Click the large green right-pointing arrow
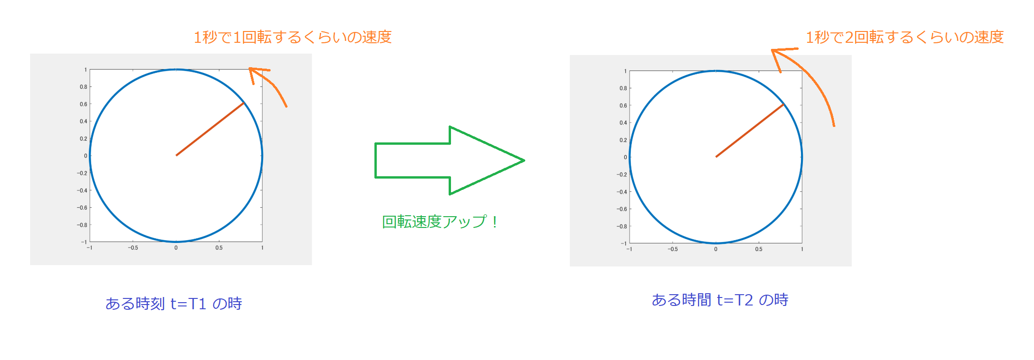(449, 160)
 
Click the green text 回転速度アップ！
(440, 221)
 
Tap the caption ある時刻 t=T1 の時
(174, 304)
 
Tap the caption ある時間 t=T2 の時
(720, 300)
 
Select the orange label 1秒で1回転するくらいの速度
(293, 37)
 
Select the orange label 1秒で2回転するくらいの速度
(905, 37)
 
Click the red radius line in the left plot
(210, 129)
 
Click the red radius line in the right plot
(750, 130)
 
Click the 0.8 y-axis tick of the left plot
(84, 87)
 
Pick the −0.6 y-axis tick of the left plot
(82, 208)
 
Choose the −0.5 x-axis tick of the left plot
(133, 248)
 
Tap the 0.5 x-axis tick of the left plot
(219, 248)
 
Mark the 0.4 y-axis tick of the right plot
(623, 123)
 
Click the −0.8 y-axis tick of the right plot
(622, 227)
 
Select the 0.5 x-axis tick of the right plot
(759, 249)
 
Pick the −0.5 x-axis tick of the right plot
(673, 249)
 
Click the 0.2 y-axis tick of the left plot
(84, 139)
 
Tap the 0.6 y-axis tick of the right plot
(623, 106)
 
